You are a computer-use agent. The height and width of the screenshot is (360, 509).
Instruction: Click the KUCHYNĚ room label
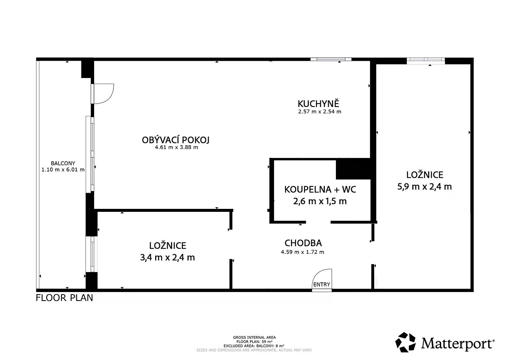318,104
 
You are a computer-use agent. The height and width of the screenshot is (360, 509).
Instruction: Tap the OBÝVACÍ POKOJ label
176,140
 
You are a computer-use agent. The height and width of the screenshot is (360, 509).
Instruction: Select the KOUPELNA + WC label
320,189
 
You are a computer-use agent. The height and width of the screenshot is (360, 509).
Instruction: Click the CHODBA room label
303,243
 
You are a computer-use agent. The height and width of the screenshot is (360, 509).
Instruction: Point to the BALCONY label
63,163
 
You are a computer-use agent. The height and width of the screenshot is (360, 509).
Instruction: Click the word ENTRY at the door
322,284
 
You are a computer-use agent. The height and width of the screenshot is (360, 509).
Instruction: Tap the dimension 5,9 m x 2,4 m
425,187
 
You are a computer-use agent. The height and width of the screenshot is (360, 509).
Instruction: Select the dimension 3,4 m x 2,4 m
168,257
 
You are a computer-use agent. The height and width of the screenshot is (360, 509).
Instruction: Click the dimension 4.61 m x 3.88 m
176,147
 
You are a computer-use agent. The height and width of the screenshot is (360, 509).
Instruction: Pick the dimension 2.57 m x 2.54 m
320,112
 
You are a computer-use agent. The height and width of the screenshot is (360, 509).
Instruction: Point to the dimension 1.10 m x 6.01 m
63,169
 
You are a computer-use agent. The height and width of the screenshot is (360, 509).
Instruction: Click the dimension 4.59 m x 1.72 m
302,252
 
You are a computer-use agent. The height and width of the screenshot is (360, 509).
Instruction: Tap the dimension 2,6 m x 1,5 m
320,201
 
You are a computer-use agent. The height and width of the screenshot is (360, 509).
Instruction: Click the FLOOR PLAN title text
64,298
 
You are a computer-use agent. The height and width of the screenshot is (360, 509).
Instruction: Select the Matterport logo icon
406,342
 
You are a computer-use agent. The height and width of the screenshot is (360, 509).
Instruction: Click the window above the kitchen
331,59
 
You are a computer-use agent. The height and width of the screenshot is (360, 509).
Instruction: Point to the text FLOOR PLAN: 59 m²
254,342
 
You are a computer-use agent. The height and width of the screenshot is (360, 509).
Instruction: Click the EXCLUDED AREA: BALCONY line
254,346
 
